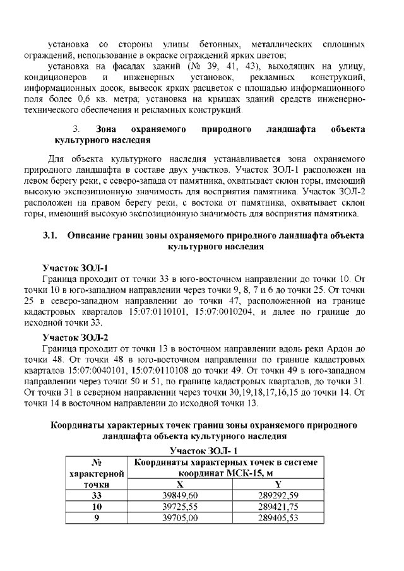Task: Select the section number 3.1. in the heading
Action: [50, 235]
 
